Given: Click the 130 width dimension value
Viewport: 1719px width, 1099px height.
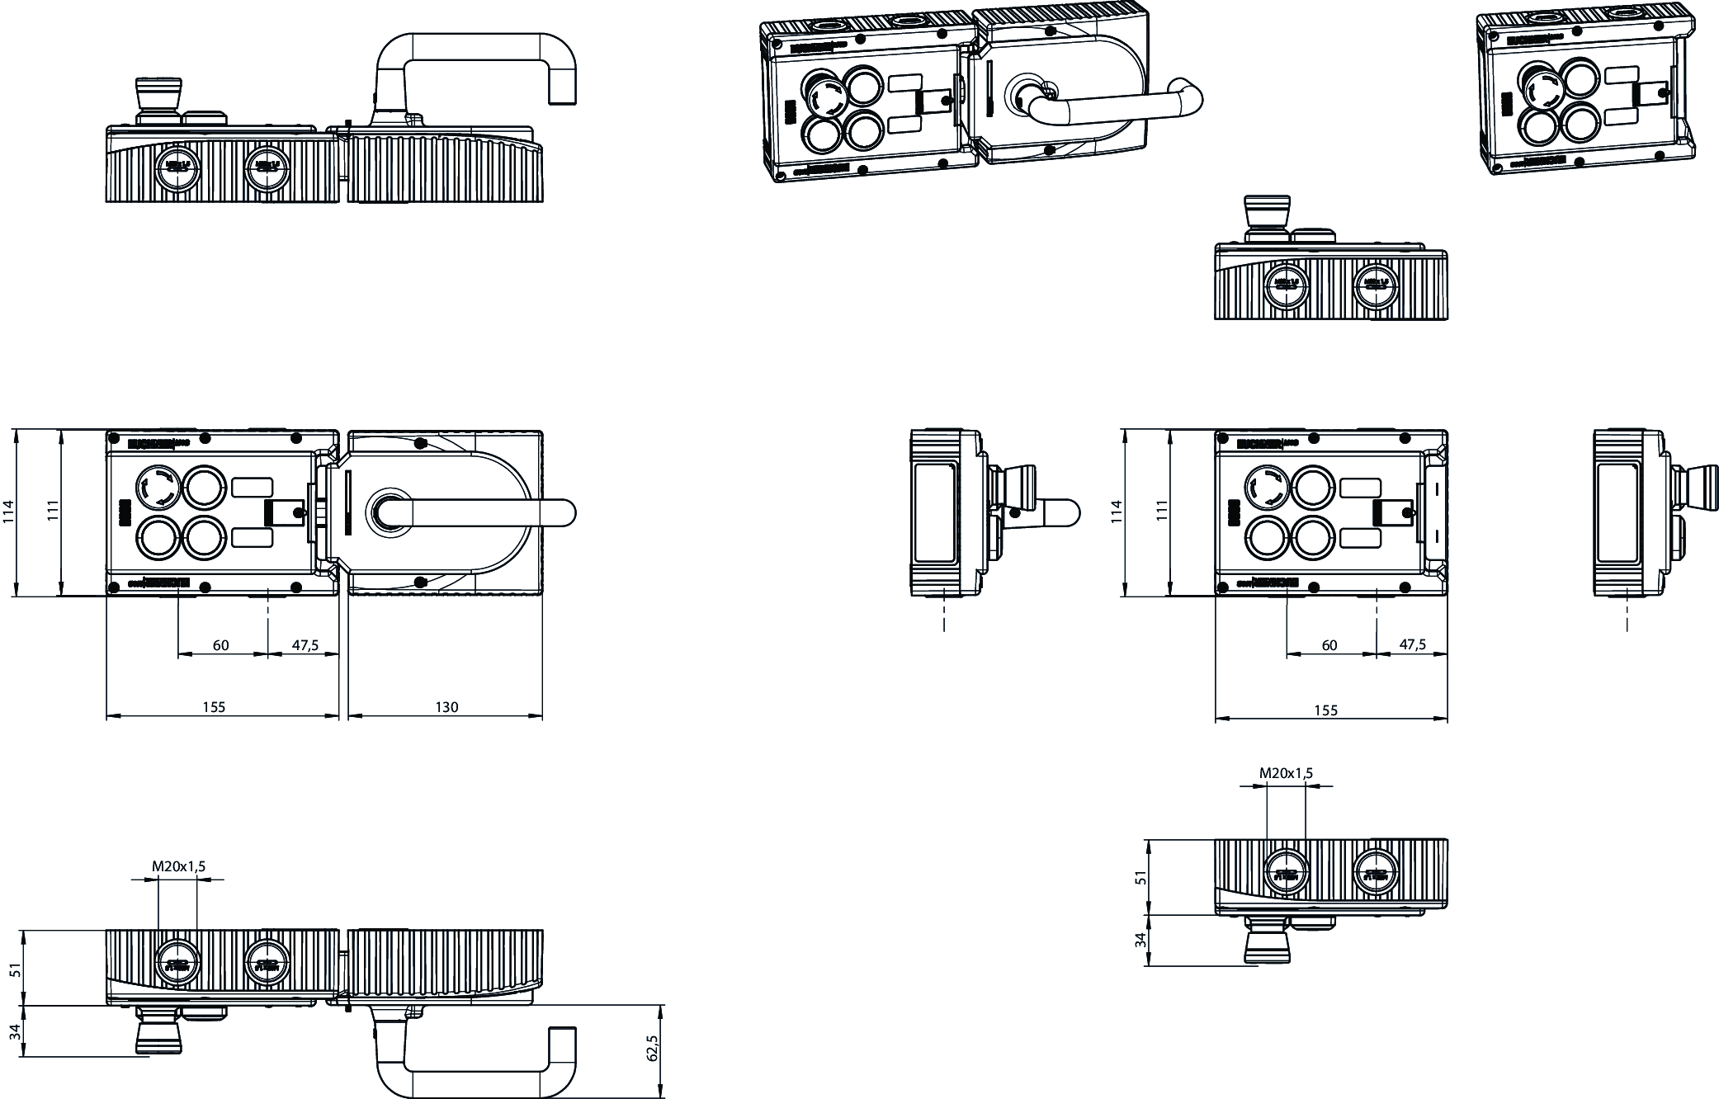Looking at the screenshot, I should (x=446, y=706).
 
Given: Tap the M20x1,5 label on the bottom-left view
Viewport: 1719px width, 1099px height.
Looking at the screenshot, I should (x=178, y=866).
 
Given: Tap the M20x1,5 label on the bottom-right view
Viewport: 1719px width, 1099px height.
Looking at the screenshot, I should (x=1286, y=773).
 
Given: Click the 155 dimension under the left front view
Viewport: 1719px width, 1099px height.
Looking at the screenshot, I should (x=214, y=706).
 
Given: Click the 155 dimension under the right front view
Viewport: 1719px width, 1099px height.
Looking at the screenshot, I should (x=1325, y=710).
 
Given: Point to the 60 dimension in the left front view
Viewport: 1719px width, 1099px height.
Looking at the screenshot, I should (x=220, y=645).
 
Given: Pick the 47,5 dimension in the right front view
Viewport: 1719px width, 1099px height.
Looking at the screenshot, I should (x=1413, y=644).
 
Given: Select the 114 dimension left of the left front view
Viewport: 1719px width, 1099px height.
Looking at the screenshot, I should (x=9, y=512).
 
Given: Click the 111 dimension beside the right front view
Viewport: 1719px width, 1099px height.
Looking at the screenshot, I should (x=1162, y=512).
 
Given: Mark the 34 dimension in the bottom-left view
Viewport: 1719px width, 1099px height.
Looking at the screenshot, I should (x=14, y=1032).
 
